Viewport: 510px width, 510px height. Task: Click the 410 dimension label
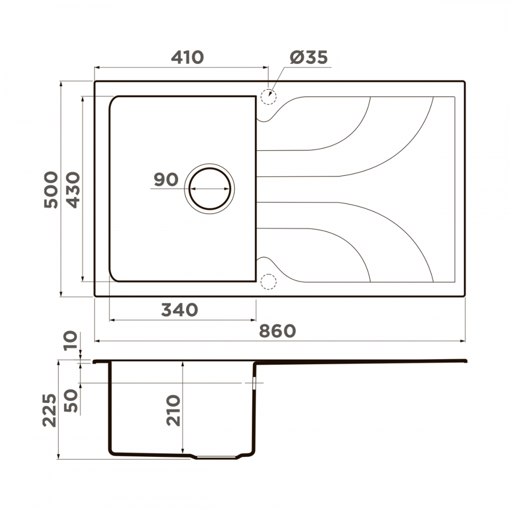coord(188,57)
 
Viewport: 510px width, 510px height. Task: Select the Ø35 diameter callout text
coord(309,57)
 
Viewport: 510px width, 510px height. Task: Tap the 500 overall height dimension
coord(52,190)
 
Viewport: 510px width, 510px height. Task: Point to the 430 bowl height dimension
coord(73,190)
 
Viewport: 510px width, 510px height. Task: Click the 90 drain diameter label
coord(166,180)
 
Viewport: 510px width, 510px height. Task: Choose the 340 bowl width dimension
coord(180,310)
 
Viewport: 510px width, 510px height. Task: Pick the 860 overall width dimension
coord(277,331)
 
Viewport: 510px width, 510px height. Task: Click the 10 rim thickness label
coord(71,340)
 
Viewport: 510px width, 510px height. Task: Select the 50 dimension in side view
coord(71,401)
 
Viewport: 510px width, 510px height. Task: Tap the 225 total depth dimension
coord(49,410)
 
